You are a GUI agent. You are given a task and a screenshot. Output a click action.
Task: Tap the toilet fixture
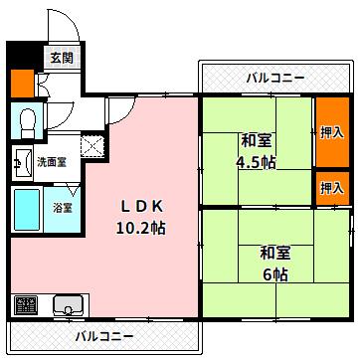(28, 120)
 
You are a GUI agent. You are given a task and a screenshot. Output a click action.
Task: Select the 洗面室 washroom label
(51, 160)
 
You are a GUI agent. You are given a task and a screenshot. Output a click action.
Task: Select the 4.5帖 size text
(255, 163)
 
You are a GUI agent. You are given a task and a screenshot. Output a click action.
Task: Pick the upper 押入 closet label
(331, 131)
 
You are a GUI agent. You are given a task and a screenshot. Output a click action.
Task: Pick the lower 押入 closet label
(331, 187)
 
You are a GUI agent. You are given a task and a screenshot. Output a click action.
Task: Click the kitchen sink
(68, 303)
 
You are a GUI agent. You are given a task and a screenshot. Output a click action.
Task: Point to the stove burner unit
(26, 303)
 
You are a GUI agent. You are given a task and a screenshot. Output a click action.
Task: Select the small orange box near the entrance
(20, 84)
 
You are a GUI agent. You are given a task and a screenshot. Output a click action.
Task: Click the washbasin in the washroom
(20, 158)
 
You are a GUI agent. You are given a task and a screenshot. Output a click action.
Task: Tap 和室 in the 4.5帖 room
(256, 140)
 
